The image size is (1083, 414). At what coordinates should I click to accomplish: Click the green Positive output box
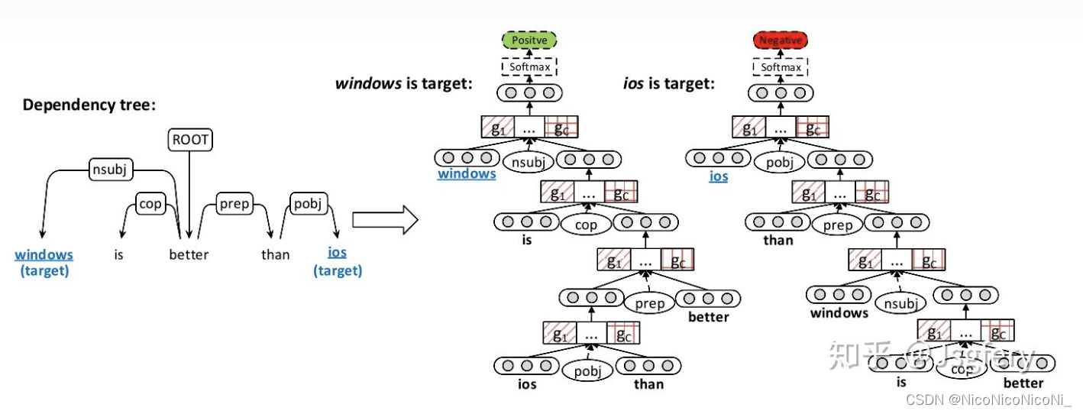tap(529, 40)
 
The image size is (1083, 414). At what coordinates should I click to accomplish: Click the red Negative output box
tap(780, 40)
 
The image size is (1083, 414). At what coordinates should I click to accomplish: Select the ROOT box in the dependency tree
tap(189, 141)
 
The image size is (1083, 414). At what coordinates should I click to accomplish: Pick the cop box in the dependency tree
tap(150, 204)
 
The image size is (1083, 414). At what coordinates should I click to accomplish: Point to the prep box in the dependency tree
tap(234, 204)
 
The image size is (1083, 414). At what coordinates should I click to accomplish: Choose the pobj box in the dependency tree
tap(309, 204)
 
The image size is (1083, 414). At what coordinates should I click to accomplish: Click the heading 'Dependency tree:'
tap(89, 105)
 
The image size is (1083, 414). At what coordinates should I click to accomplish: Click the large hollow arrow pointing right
tap(384, 220)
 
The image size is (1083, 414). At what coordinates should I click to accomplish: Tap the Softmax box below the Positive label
tap(529, 67)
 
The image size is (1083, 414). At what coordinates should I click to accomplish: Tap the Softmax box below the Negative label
tap(780, 67)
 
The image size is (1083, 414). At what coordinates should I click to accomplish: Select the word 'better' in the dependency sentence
tap(189, 254)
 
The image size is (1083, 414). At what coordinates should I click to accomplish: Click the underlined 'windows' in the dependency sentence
tap(44, 254)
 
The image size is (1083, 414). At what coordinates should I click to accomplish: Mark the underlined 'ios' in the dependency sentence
tap(337, 253)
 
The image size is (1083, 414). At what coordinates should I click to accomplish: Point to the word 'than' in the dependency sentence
tap(275, 254)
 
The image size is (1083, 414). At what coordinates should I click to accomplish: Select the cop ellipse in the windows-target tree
tap(586, 225)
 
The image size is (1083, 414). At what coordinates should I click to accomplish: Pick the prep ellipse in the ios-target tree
tap(837, 225)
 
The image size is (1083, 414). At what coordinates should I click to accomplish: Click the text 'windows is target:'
tap(403, 83)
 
